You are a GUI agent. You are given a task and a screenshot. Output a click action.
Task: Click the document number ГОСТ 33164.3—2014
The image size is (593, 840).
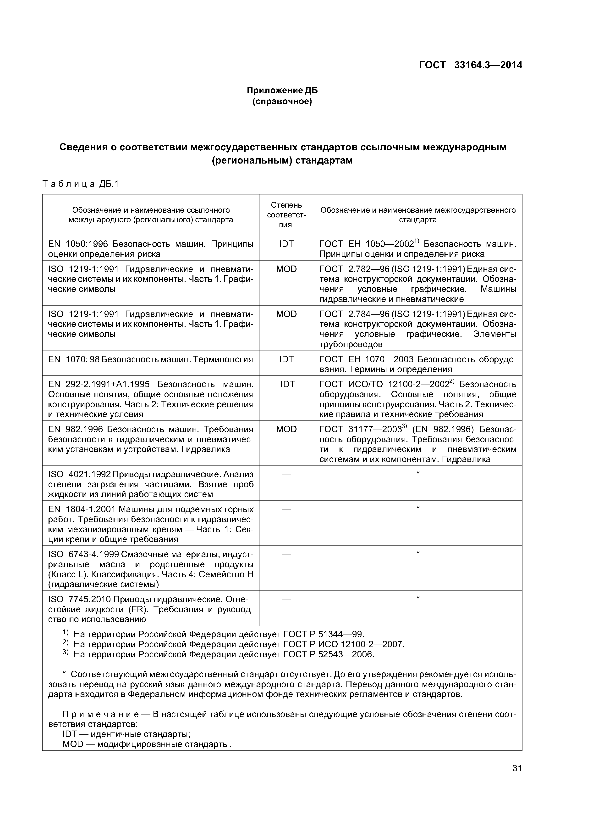click(x=470, y=65)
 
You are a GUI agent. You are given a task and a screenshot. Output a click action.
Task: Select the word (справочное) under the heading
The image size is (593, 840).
click(x=282, y=101)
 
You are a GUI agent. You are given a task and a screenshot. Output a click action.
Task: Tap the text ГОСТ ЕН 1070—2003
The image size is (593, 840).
click(x=367, y=359)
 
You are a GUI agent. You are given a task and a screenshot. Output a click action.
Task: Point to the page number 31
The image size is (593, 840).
click(x=517, y=768)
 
